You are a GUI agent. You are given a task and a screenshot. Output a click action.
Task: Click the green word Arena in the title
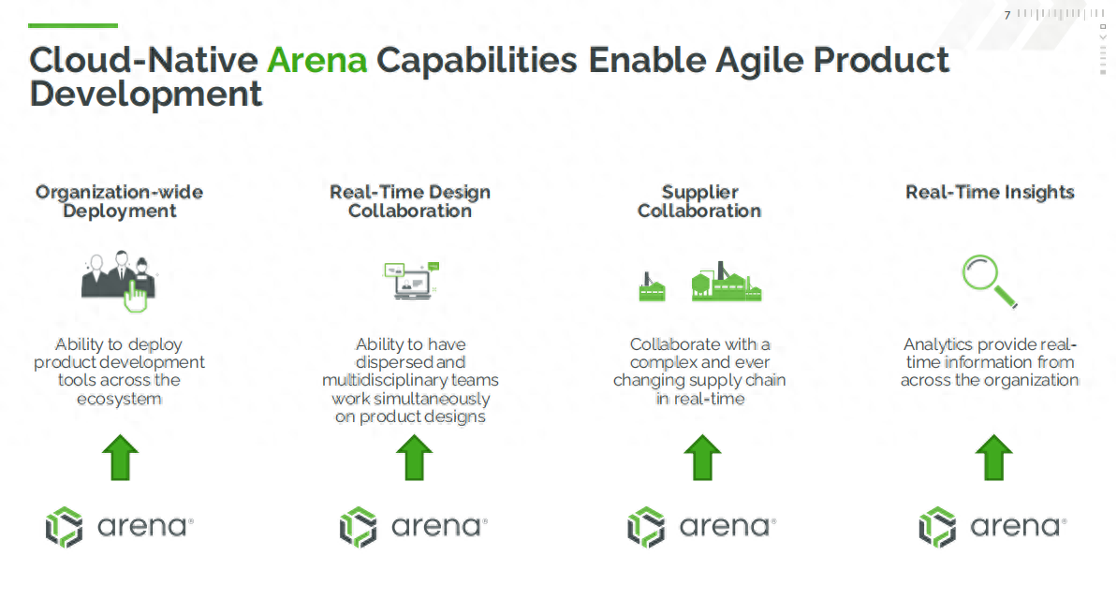[317, 60]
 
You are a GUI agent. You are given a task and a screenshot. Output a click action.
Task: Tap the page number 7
[1007, 15]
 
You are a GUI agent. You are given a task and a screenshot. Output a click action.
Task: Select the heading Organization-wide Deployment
[120, 201]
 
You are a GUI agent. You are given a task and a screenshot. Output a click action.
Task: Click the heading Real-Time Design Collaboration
[410, 201]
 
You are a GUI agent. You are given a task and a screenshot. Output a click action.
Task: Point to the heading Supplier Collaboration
[699, 201]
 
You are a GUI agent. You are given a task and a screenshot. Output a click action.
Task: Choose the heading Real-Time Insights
[991, 192]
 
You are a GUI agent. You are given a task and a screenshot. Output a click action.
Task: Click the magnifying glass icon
[989, 281]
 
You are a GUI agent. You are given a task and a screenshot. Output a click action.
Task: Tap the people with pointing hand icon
[118, 281]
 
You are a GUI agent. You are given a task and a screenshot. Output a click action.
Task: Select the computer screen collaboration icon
[412, 280]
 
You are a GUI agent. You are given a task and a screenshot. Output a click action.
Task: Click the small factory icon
[652, 287]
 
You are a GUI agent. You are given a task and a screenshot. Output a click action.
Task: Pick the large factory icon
[726, 282]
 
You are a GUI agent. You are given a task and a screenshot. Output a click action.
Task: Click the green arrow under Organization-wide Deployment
[121, 458]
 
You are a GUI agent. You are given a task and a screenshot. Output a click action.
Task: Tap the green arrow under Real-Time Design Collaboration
[414, 458]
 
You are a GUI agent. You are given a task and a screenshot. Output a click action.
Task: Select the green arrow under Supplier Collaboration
[702, 458]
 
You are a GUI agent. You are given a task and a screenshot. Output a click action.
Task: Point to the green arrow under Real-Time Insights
[993, 458]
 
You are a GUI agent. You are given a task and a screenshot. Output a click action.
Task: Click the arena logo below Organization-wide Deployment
[120, 527]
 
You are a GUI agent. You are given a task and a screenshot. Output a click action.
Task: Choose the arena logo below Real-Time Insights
[993, 527]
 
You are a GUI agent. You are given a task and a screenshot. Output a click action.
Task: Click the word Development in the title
[146, 95]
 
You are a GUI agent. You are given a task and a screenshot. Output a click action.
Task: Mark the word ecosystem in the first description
[119, 399]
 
